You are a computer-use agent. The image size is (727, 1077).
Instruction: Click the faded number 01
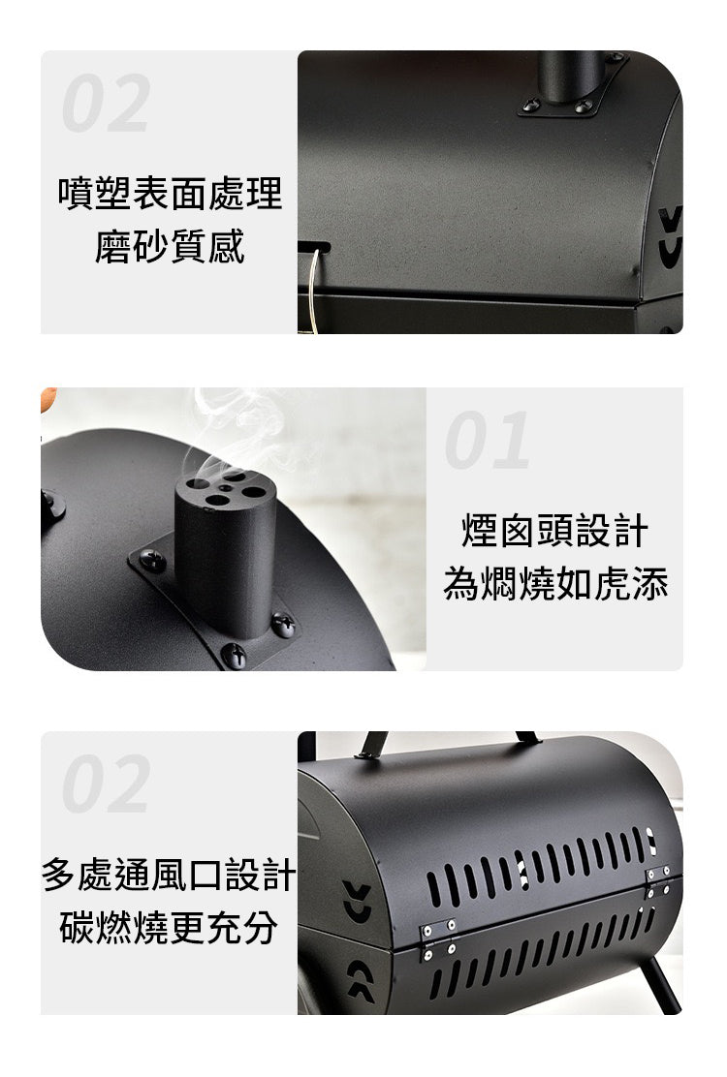click(488, 440)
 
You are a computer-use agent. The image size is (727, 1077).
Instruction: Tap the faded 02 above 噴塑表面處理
click(106, 103)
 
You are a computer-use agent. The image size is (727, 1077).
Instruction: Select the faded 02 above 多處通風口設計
click(106, 783)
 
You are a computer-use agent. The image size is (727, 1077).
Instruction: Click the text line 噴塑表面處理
click(170, 193)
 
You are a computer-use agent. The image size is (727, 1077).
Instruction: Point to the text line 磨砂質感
click(170, 247)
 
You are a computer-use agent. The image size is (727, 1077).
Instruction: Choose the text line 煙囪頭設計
click(554, 530)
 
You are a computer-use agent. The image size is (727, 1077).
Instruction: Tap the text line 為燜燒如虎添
click(555, 584)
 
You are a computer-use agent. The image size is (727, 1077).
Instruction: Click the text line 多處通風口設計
click(169, 875)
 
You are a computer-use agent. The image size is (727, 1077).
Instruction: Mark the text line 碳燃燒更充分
click(169, 927)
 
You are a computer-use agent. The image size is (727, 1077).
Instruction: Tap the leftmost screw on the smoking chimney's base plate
click(152, 561)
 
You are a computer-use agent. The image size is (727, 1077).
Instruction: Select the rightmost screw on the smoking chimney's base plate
click(283, 625)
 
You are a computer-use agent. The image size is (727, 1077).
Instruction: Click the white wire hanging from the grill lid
click(314, 292)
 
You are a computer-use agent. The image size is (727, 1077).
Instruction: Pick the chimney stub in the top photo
click(570, 76)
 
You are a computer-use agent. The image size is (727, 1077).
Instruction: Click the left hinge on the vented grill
click(438, 939)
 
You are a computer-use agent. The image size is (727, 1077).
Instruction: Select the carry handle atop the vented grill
click(447, 744)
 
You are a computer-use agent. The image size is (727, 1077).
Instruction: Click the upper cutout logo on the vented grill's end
click(358, 901)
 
